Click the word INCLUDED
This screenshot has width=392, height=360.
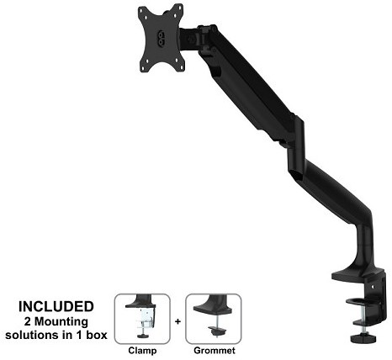(56, 306)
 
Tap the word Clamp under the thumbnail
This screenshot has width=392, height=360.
(142, 351)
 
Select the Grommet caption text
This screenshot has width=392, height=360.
(215, 351)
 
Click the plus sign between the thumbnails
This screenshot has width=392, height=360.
(177, 321)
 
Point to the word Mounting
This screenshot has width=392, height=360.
(61, 322)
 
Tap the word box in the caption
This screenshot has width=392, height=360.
(97, 335)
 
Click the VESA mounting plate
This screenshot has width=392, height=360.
(161, 38)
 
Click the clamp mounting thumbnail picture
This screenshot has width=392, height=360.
(142, 319)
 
